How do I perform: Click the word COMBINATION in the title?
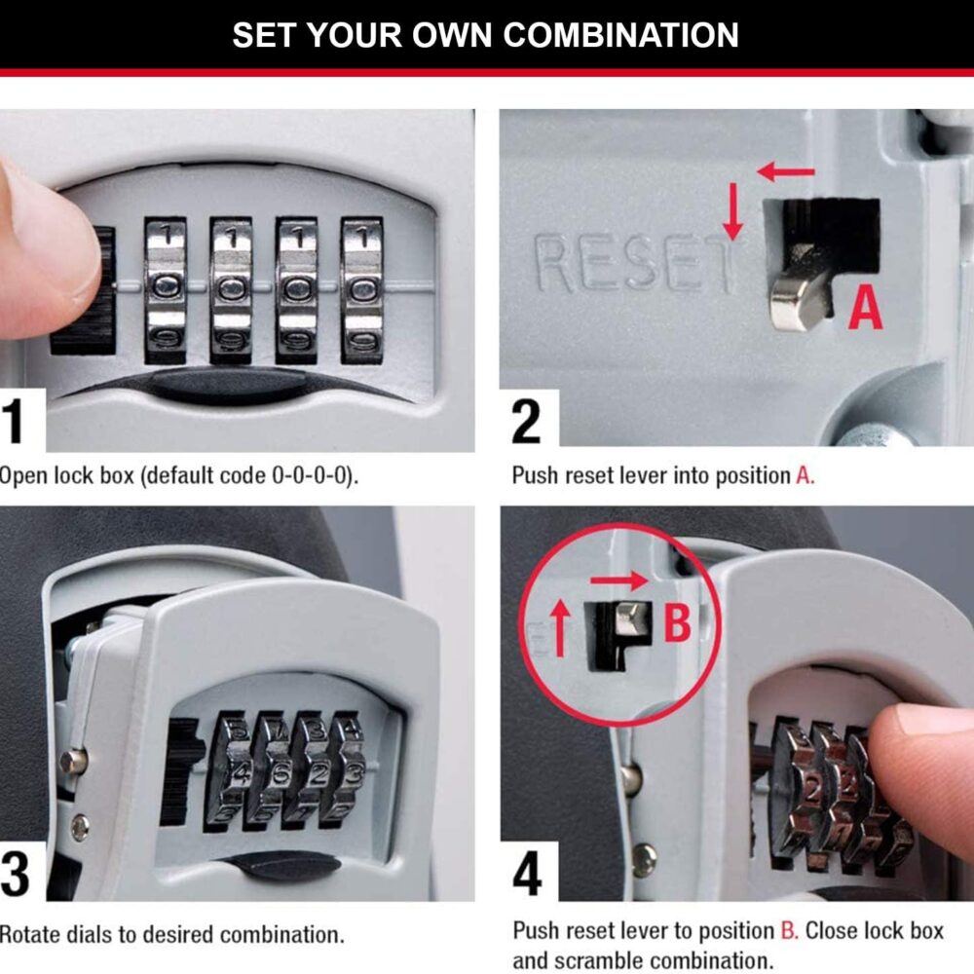click(620, 35)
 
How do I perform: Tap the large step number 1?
click(13, 421)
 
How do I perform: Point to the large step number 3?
click(15, 874)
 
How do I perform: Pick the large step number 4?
click(527, 874)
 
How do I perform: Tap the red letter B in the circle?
click(677, 623)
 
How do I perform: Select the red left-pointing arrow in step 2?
click(786, 171)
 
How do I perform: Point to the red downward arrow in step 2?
click(733, 211)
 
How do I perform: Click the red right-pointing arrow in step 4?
click(618, 581)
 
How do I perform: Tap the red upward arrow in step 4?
click(560, 627)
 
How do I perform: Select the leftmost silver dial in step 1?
click(166, 290)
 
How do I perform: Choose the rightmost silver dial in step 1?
click(361, 290)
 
